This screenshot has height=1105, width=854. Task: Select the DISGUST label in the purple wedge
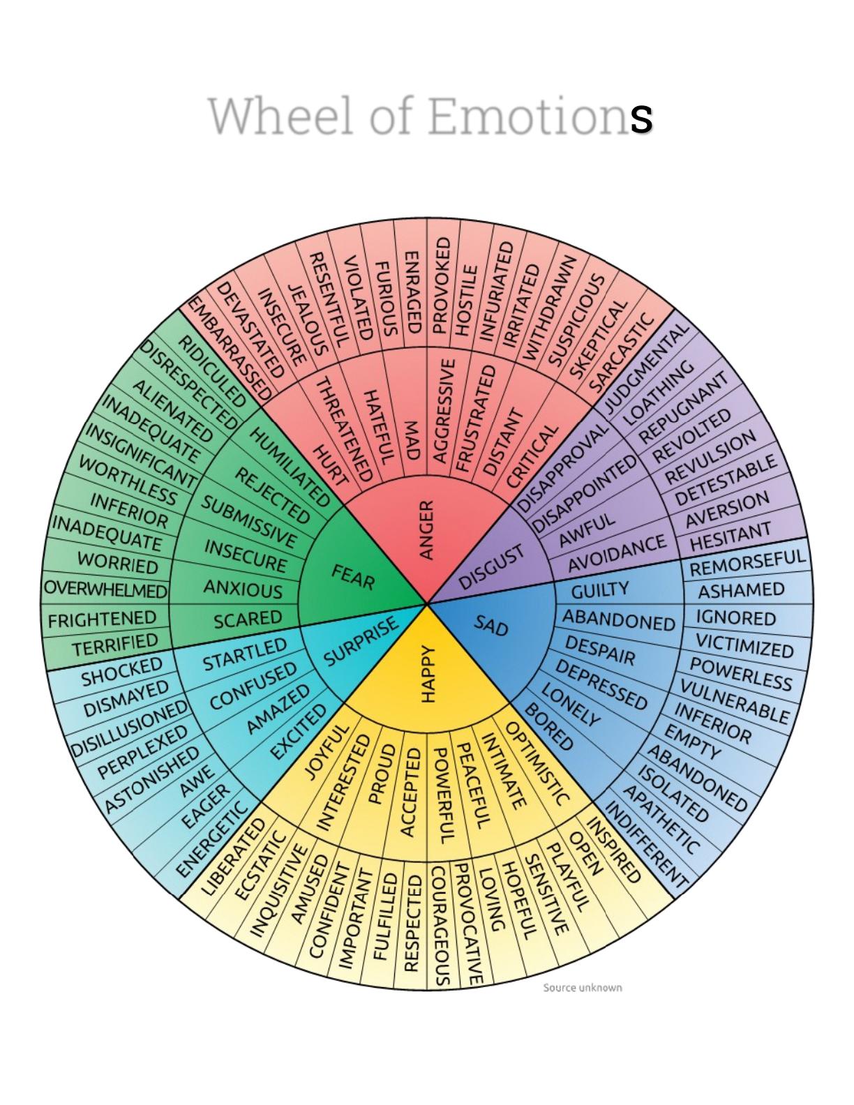(x=491, y=566)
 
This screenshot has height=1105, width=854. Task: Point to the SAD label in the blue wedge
(x=491, y=625)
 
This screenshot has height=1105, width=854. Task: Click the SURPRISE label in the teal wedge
(x=361, y=640)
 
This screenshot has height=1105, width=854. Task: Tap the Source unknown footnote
(x=582, y=987)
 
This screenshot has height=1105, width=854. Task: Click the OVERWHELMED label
(x=105, y=589)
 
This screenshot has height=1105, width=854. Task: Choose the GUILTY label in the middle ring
(x=599, y=591)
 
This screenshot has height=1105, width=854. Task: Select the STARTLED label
(x=244, y=654)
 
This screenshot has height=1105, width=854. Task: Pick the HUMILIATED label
(x=289, y=466)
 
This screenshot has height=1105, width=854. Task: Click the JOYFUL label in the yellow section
(x=325, y=752)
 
